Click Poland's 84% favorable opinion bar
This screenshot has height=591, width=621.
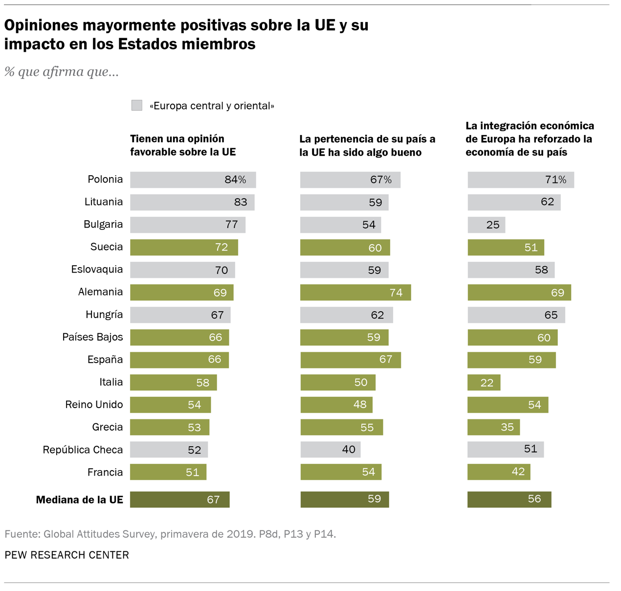click(193, 180)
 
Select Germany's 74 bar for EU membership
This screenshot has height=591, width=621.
click(355, 293)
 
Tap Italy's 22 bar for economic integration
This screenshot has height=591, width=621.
click(484, 382)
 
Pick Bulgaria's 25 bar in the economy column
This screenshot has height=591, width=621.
click(486, 225)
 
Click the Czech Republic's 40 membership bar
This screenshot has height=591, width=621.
click(330, 450)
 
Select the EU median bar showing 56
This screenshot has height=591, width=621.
click(509, 499)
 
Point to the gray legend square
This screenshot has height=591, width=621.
click(137, 105)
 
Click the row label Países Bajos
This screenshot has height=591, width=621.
click(92, 337)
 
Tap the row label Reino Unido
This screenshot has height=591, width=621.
click(94, 405)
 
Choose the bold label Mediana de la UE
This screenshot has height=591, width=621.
click(79, 500)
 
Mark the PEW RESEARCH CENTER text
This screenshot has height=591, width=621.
click(67, 555)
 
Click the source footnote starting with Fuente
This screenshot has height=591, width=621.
click(170, 534)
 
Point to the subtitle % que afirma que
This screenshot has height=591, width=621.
click(62, 72)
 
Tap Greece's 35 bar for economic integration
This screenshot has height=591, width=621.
click(493, 427)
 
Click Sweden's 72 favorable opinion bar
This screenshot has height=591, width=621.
click(184, 247)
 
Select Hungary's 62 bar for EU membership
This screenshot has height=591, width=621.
click(346, 315)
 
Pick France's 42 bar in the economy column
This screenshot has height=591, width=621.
click(499, 472)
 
